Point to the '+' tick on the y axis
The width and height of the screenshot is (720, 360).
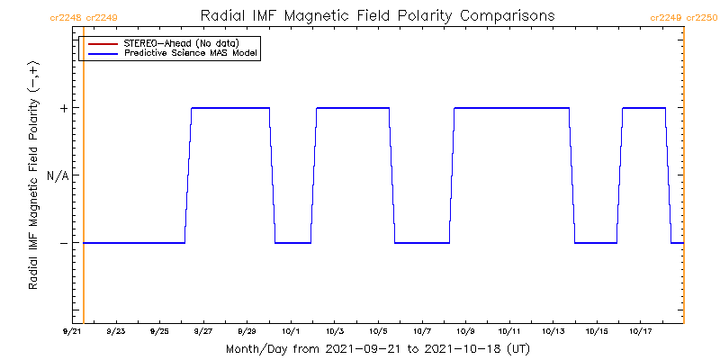tap(64, 108)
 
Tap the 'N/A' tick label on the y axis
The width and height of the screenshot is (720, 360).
tap(58, 175)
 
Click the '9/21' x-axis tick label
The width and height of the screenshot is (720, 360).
tap(71, 331)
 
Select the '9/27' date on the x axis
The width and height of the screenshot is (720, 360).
tap(203, 331)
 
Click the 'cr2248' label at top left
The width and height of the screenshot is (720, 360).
tap(66, 17)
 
